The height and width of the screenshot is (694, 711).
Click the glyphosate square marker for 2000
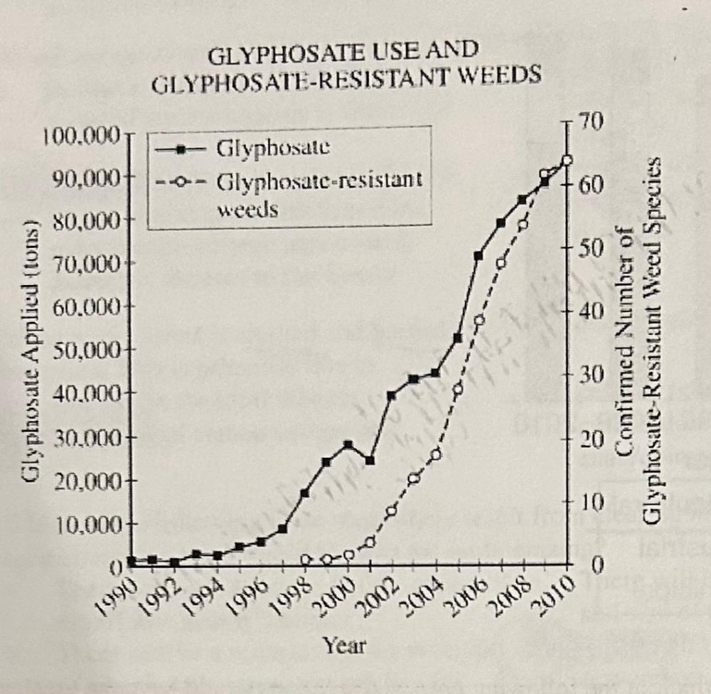[x=348, y=444]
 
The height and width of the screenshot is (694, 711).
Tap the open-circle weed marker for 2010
[x=567, y=160]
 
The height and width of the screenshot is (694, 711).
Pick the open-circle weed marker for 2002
[x=391, y=511]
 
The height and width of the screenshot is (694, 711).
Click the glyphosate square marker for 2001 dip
[x=370, y=460]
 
